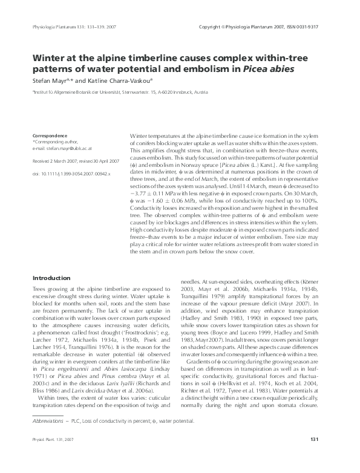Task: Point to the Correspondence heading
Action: click(x=50, y=135)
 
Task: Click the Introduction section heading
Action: click(x=52, y=278)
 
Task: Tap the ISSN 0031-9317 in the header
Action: click(x=311, y=28)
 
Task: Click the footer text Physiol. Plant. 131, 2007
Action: click(x=54, y=455)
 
